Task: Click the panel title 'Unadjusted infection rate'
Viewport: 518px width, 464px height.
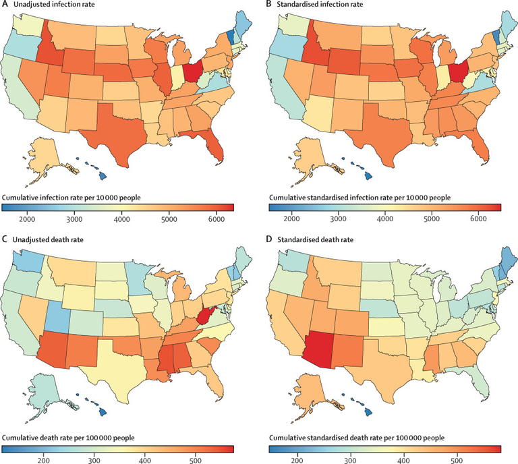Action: click(x=57, y=6)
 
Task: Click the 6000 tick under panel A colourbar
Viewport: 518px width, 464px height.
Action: click(x=208, y=220)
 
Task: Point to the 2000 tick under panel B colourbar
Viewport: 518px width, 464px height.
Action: click(x=292, y=220)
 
